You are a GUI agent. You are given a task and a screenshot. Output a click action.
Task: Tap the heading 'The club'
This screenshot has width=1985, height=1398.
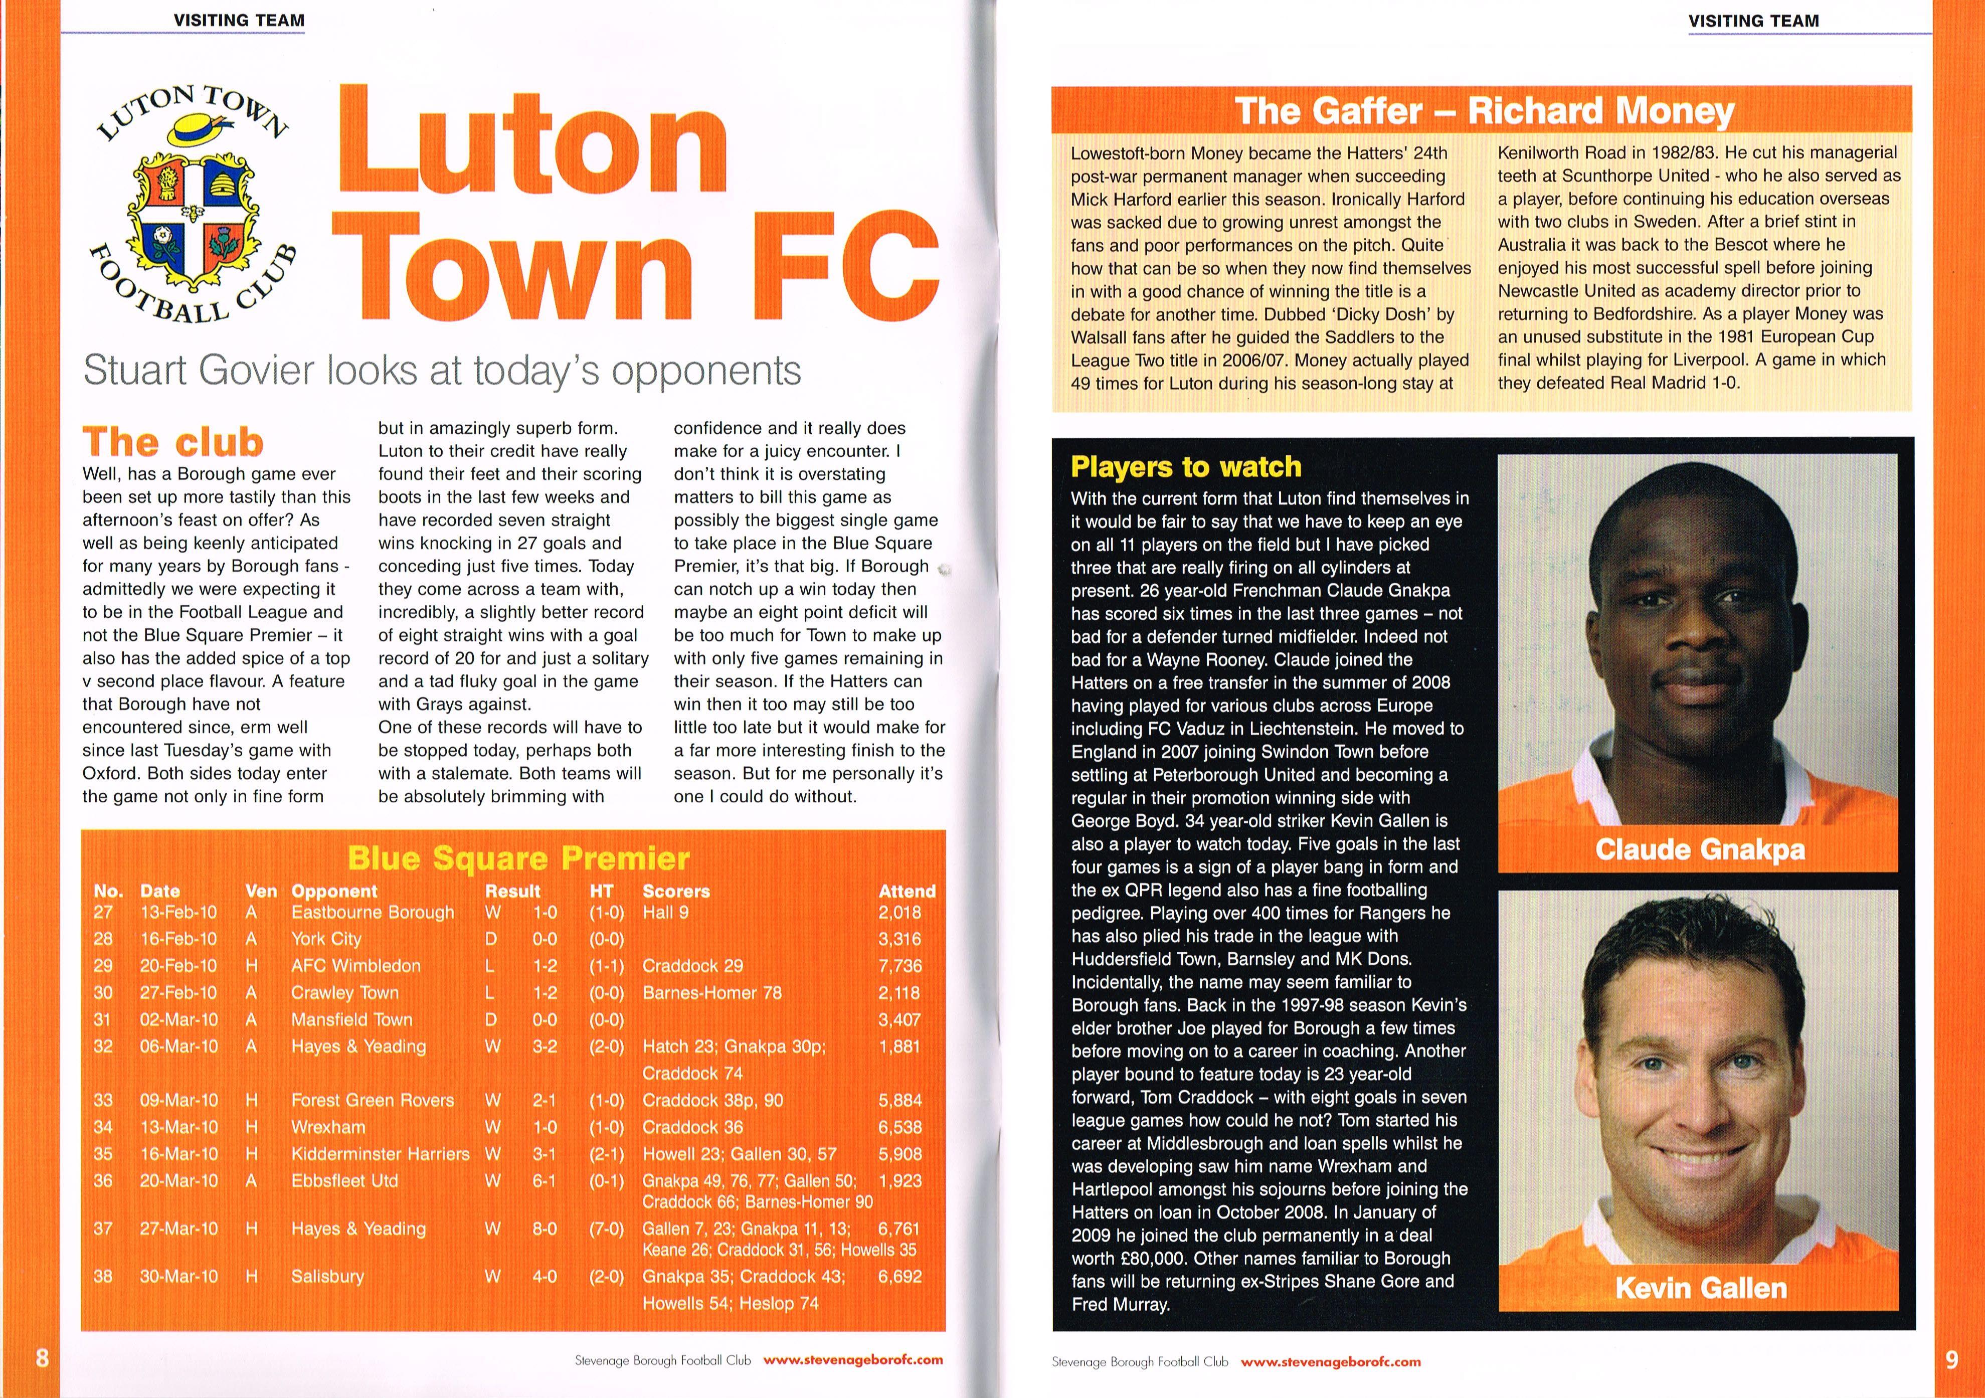pyautogui.click(x=173, y=442)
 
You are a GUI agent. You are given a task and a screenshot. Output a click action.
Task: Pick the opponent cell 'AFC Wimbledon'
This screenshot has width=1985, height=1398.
pyautogui.click(x=355, y=966)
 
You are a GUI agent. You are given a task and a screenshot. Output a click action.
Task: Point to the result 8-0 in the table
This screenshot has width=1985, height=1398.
pyautogui.click(x=544, y=1229)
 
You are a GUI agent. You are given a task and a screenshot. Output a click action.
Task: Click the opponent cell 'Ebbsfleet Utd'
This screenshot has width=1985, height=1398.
pyautogui.click(x=344, y=1180)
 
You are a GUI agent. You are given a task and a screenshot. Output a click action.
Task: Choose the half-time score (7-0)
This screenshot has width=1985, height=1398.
pyautogui.click(x=606, y=1229)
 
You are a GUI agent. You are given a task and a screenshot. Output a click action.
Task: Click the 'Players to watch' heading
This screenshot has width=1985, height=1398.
pyautogui.click(x=1185, y=467)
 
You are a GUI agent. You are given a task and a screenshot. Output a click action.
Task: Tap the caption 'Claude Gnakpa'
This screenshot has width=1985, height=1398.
pyautogui.click(x=1700, y=849)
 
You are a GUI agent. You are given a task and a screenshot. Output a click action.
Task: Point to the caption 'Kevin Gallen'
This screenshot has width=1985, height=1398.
pyautogui.click(x=1700, y=1288)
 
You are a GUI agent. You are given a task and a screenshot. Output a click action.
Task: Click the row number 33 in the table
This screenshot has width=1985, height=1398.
pyautogui.click(x=103, y=1101)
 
